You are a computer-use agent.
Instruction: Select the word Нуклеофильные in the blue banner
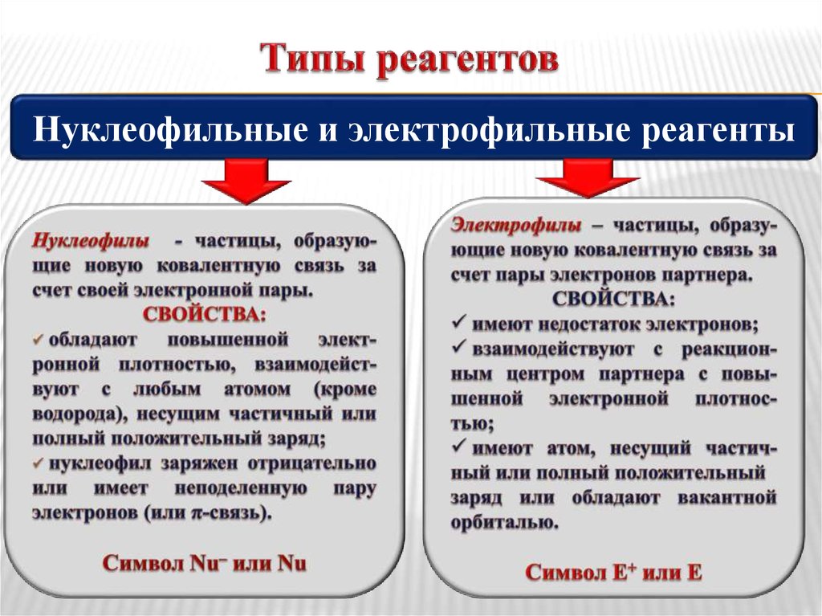159,129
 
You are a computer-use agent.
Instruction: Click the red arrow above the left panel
246,181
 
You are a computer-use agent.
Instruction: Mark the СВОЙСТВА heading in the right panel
613,299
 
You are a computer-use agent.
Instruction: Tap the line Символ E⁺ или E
613,572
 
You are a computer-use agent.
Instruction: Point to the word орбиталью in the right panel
505,523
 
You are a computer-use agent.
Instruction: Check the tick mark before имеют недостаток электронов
460,324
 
